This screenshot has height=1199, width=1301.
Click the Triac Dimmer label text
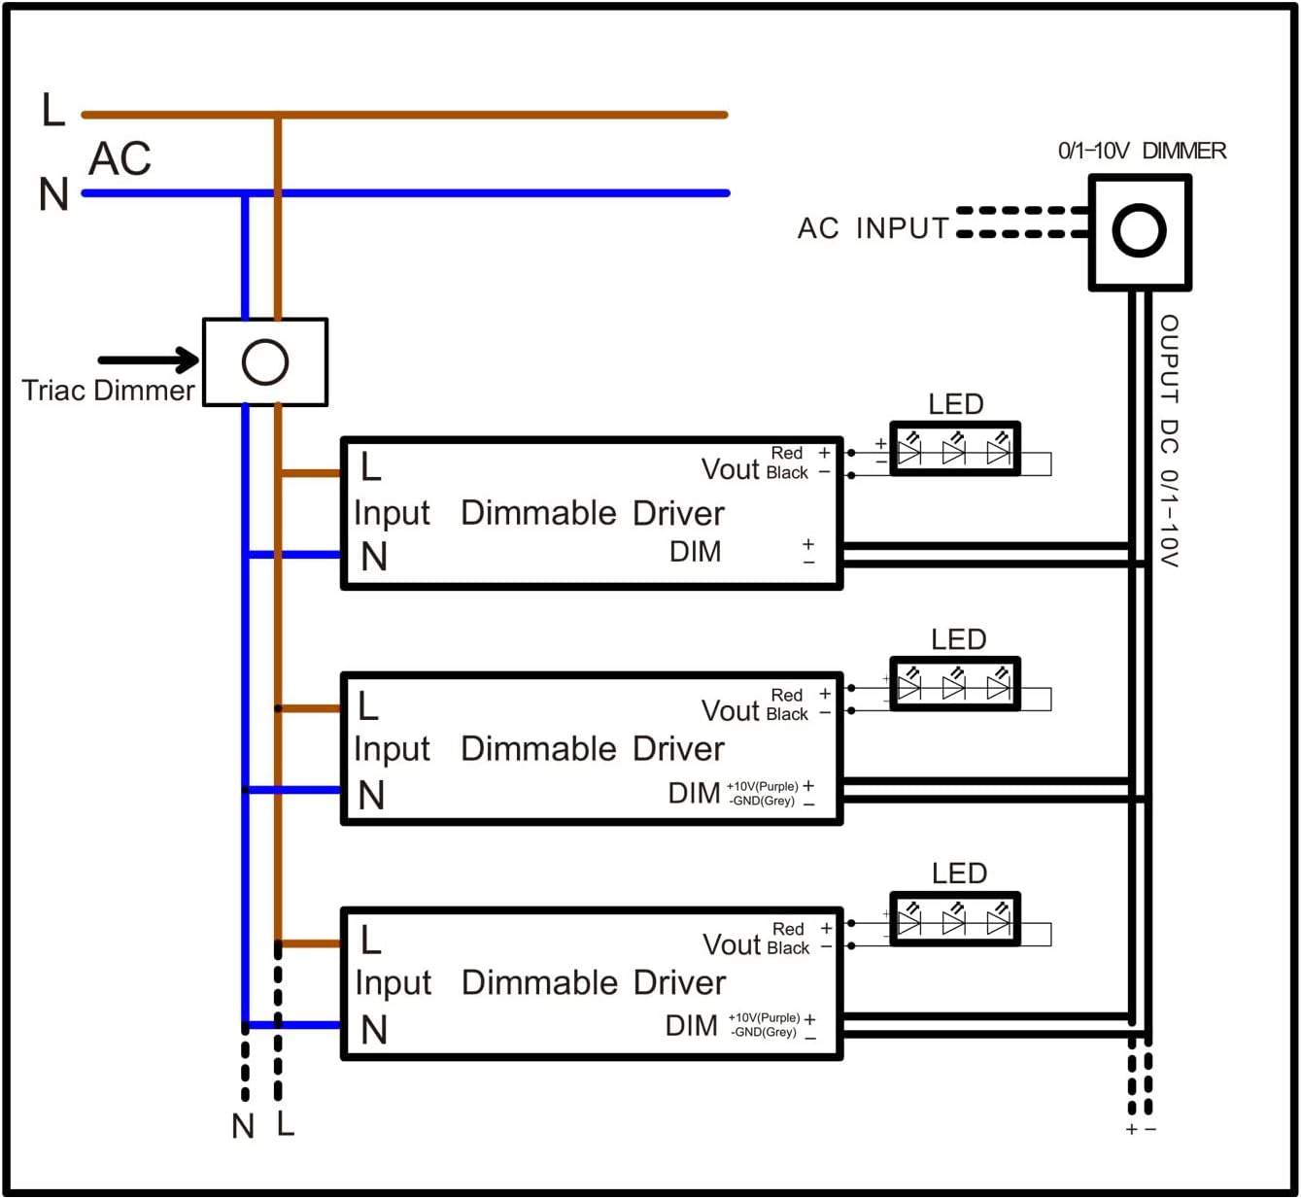[108, 391]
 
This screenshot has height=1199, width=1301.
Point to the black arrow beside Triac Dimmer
[149, 360]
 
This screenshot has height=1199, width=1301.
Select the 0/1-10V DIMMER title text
[1142, 152]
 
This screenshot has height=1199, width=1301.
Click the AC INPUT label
[873, 228]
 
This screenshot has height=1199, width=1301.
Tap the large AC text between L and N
[120, 158]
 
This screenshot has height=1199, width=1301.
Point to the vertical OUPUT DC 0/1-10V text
[1169, 441]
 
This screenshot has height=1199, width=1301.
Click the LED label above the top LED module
[956, 404]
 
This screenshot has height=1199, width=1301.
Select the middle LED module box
[955, 684]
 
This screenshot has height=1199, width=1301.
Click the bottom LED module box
[955, 919]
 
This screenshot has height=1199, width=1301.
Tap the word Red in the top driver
[787, 453]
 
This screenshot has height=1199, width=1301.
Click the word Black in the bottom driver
[788, 948]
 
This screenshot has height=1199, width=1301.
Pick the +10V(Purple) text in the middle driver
[763, 786]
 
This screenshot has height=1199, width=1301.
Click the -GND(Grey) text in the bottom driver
[764, 1032]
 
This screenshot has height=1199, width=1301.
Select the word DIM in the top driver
[696, 552]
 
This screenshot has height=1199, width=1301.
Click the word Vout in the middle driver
[731, 711]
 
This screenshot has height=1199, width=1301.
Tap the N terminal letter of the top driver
[373, 556]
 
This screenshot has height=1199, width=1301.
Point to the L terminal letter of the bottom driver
[370, 940]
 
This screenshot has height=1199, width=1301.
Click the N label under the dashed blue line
[243, 1126]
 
